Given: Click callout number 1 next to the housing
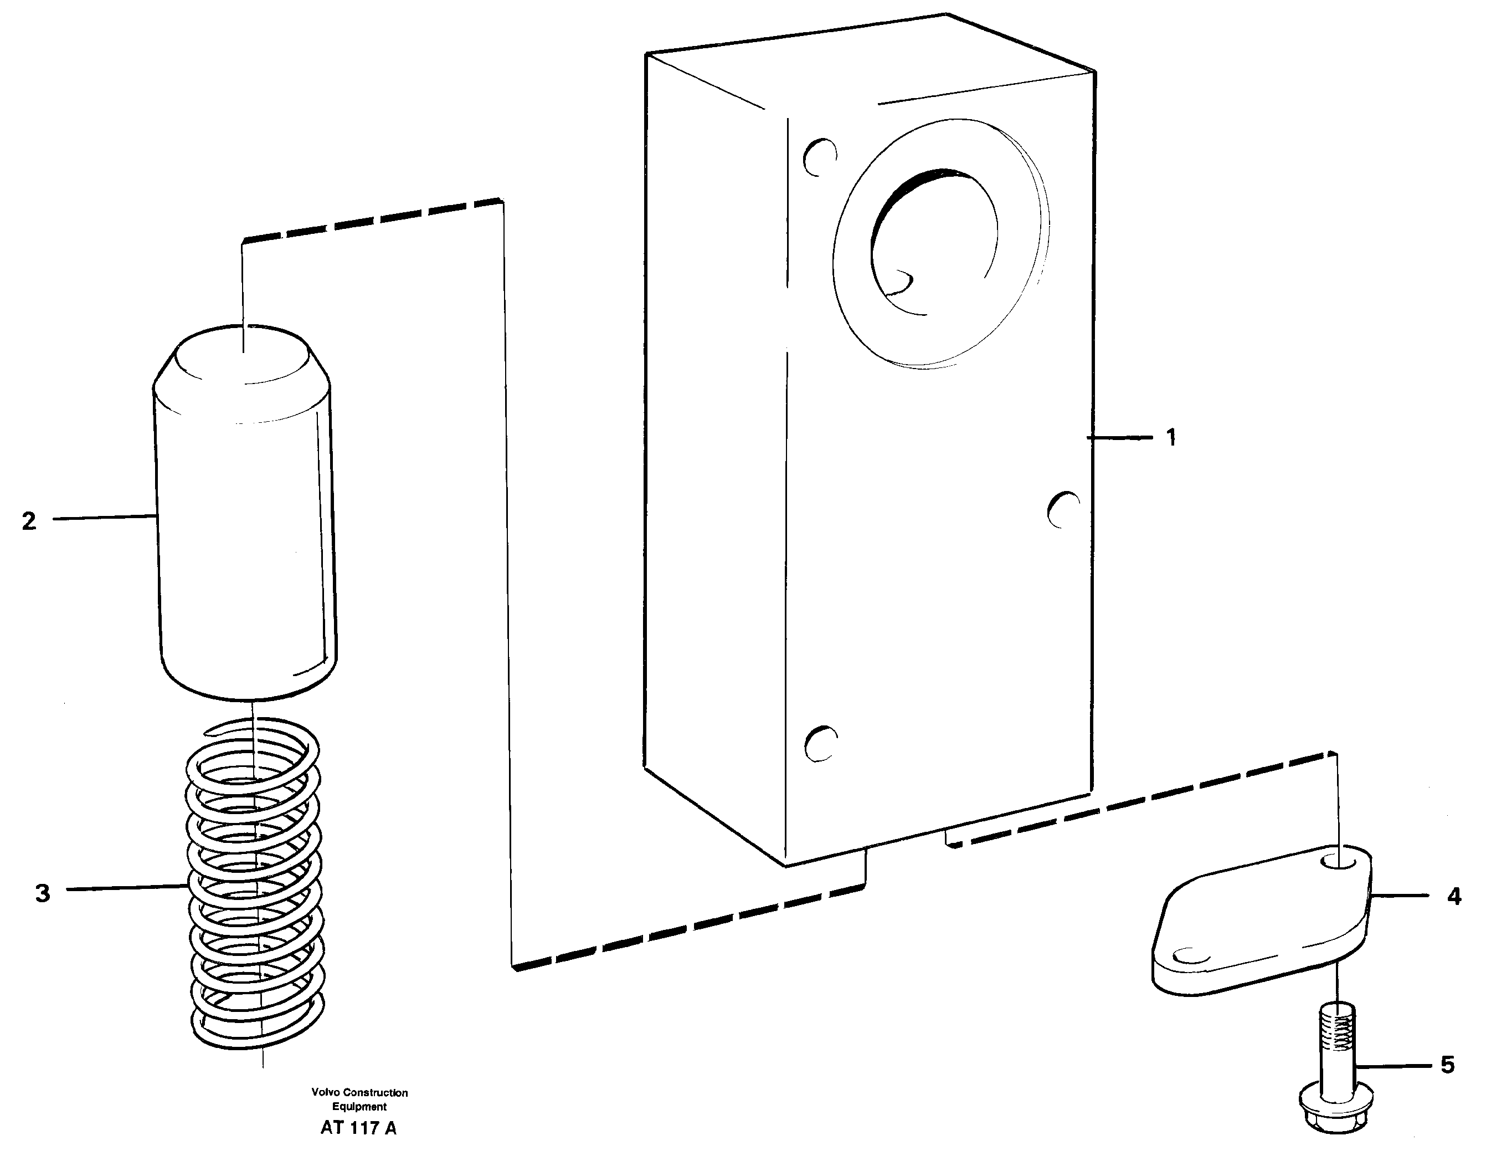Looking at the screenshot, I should [1171, 438].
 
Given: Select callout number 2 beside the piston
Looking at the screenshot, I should [29, 521].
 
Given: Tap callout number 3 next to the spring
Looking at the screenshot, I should [42, 893].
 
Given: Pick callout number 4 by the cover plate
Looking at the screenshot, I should [1454, 896].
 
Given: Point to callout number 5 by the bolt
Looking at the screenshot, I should [1447, 1065].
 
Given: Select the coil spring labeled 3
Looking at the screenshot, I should [254, 887].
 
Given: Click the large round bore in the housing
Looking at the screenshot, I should [933, 242].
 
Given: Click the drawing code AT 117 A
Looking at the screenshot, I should [358, 1128].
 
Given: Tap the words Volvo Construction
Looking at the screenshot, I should [359, 1092].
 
